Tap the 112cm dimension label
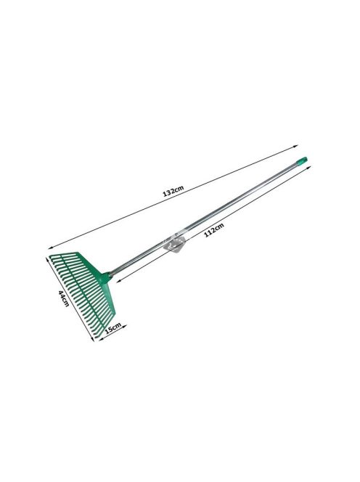[214, 229]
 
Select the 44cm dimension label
[64, 298]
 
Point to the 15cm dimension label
[112, 328]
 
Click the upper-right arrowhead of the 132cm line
[296, 147]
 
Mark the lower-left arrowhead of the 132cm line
[51, 248]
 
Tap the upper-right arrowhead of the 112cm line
[309, 167]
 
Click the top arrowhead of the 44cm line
[47, 259]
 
